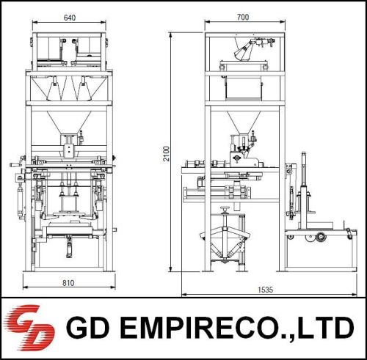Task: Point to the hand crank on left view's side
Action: [x=16, y=166]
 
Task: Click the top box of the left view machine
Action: [x=70, y=48]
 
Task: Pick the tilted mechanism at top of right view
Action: [x=249, y=50]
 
